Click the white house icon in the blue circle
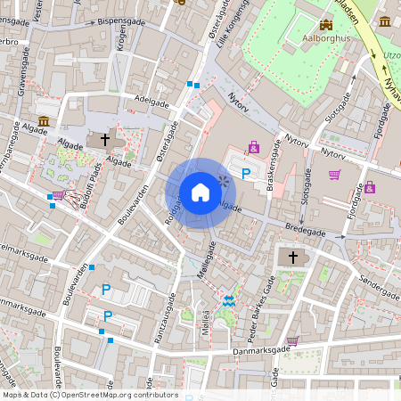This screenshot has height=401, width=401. (x=200, y=192)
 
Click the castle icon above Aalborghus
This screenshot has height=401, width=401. (x=326, y=26)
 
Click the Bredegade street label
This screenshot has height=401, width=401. (x=306, y=229)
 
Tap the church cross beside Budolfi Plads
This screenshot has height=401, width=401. (x=104, y=140)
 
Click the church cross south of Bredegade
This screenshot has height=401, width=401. (x=292, y=257)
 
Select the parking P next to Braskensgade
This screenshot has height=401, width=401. (x=246, y=172)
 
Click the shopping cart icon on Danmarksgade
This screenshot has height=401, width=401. (x=292, y=340)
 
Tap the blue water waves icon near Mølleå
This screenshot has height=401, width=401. (x=229, y=301)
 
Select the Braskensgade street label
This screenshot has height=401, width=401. (x=268, y=165)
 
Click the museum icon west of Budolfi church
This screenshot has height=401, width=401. (x=44, y=120)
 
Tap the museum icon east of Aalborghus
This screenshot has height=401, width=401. (x=384, y=21)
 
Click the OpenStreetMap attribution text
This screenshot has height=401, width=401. (x=89, y=395)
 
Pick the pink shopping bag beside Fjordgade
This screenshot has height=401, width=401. (x=370, y=187)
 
